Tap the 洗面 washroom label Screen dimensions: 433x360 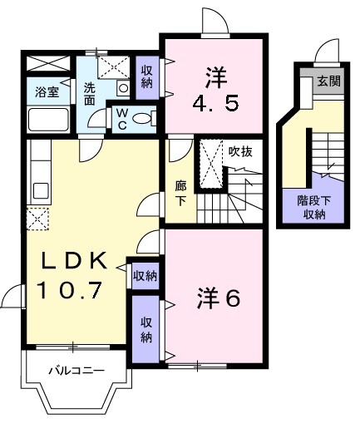(89, 93)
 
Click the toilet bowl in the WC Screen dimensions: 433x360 (143, 119)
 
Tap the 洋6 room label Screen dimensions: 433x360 (218, 297)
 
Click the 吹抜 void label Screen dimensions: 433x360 (242, 151)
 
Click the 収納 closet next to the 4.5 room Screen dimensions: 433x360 (146, 76)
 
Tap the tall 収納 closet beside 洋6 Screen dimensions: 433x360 (146, 330)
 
